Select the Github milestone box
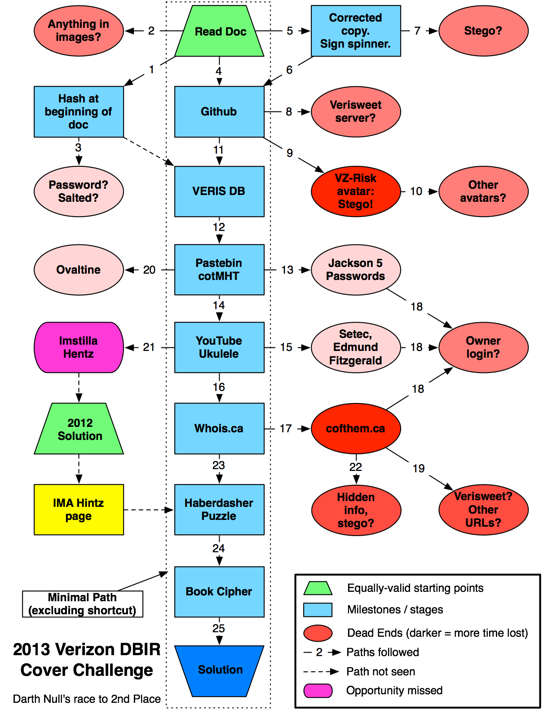[x=219, y=111]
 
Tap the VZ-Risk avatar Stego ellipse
[x=355, y=191]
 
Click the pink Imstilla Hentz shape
[x=79, y=347]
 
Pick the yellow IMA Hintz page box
[x=79, y=510]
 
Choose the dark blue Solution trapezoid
[x=219, y=670]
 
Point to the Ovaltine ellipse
[x=79, y=270]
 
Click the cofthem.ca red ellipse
[x=355, y=429]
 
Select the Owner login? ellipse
[x=483, y=347]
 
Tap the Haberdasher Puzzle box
[x=219, y=510]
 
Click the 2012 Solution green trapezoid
[x=79, y=429]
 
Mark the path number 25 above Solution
[x=219, y=629]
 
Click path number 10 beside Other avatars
[x=416, y=191]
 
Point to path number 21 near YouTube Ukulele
[x=149, y=347]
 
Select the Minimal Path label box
[x=83, y=604]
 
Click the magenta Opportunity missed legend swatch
[x=318, y=691]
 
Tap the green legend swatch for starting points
[x=318, y=588]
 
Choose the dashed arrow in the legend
[x=321, y=672]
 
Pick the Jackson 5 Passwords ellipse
[x=355, y=270]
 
